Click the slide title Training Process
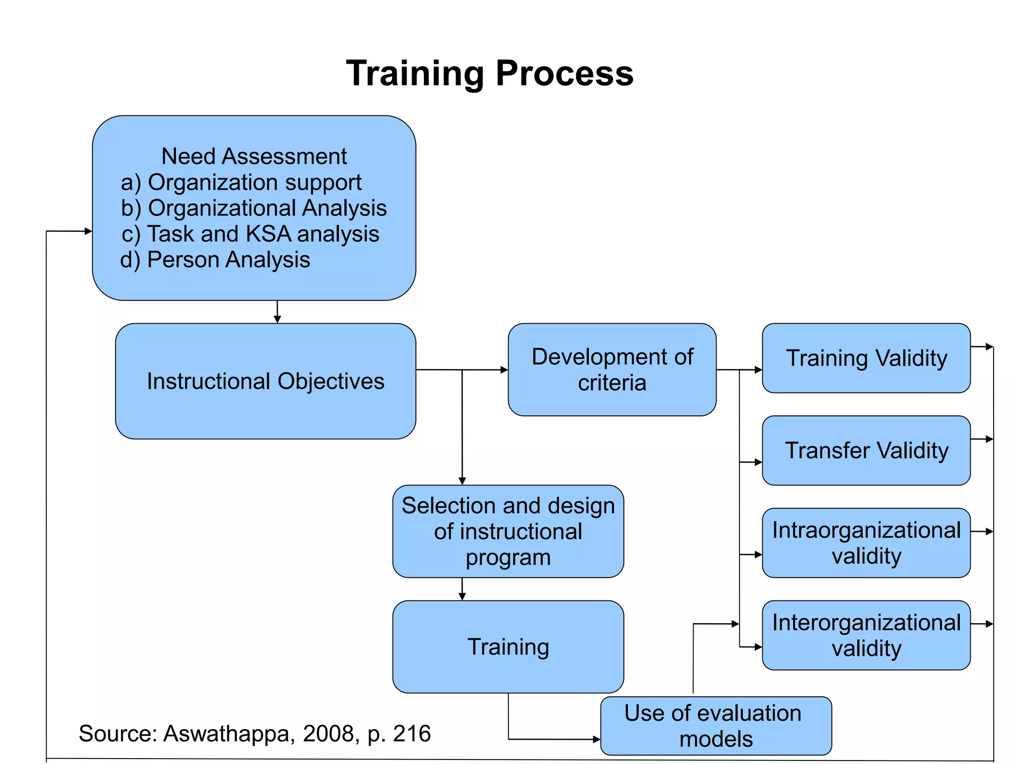490,74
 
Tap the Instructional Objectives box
265,381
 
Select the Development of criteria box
612,370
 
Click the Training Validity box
866,358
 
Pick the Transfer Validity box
866,450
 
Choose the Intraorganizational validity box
866,543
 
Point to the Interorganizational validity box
866,635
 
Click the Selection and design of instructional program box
508,531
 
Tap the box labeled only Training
508,647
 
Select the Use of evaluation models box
715,726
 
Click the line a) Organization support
241,183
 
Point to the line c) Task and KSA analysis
250,234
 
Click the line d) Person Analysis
215,260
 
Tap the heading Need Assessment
254,156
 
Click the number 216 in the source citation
411,734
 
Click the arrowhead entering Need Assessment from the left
88,231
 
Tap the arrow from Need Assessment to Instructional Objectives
277,313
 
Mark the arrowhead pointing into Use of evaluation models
597,740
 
